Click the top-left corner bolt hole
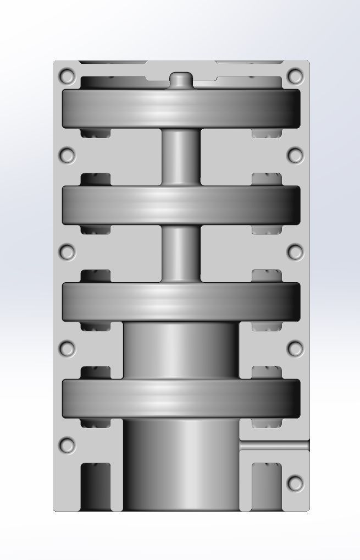pyautogui.click(x=67, y=76)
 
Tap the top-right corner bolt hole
pyautogui.click(x=296, y=76)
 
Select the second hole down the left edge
pyautogui.click(x=67, y=156)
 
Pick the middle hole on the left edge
pyautogui.click(x=67, y=252)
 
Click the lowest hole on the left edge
pyautogui.click(x=67, y=445)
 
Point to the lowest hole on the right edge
pyautogui.click(x=296, y=484)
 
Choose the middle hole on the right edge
pyautogui.click(x=296, y=252)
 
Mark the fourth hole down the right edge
pyautogui.click(x=296, y=348)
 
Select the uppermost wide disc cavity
pyautogui.click(x=181, y=108)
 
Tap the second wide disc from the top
pyautogui.click(x=181, y=205)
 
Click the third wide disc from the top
pyautogui.click(x=181, y=301)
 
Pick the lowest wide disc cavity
pyautogui.click(x=181, y=398)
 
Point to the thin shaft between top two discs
pyautogui.click(x=181, y=157)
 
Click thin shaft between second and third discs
pyautogui.click(x=181, y=253)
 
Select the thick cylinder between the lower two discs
pyautogui.click(x=181, y=350)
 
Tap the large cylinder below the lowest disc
pyautogui.click(x=181, y=465)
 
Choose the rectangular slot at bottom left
pyautogui.click(x=96, y=486)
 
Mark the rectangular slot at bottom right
pyautogui.click(x=267, y=486)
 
